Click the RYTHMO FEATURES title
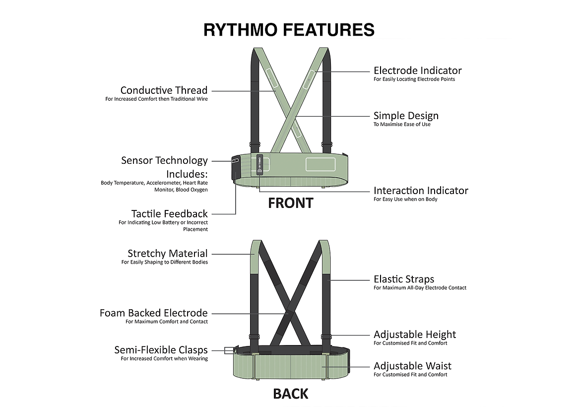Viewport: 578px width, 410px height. [289, 30]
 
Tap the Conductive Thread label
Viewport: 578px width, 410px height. [164, 90]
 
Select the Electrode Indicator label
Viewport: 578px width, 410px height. [417, 70]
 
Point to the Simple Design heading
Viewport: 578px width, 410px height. [406, 116]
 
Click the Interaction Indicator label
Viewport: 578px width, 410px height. [421, 191]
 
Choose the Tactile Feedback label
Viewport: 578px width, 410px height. [169, 214]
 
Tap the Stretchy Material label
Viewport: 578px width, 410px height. [167, 254]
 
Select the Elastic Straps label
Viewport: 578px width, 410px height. [403, 279]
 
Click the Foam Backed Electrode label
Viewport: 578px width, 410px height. [153, 313]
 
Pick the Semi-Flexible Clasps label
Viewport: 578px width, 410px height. [161, 350]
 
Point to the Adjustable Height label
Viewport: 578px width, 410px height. [414, 335]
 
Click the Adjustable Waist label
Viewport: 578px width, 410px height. [412, 366]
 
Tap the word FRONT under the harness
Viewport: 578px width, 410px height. [290, 203]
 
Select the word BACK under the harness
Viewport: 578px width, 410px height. [290, 394]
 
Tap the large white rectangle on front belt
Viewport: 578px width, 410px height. [321, 164]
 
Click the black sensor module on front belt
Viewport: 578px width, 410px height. [235, 167]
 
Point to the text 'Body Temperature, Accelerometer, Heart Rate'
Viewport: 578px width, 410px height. [154, 183]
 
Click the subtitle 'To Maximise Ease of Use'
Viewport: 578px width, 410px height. [402, 125]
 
